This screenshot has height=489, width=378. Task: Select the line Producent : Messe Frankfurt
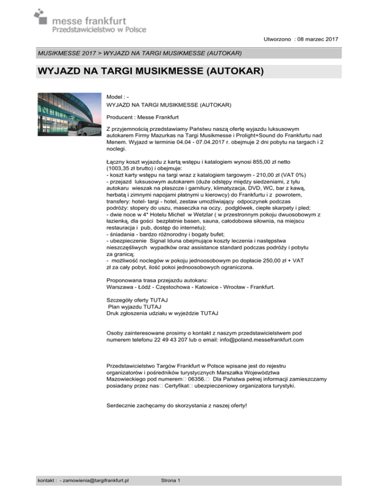click(x=141, y=117)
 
